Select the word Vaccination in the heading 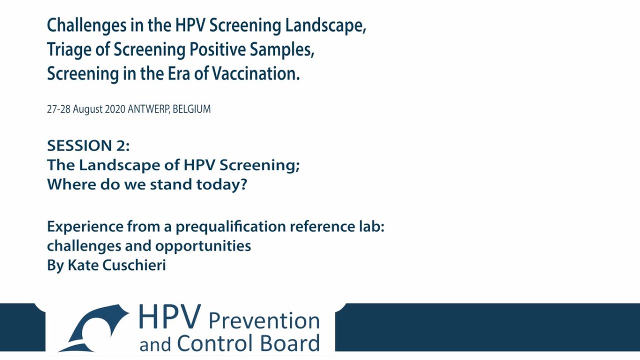[x=255, y=73]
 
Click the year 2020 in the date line [x=115, y=109]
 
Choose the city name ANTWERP [x=148, y=109]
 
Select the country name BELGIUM [x=192, y=109]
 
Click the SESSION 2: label [x=88, y=145]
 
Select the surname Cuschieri [x=134, y=265]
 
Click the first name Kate [x=83, y=265]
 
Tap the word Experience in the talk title [x=84, y=226]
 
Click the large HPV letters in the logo [x=169, y=317]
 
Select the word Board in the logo [x=292, y=343]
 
